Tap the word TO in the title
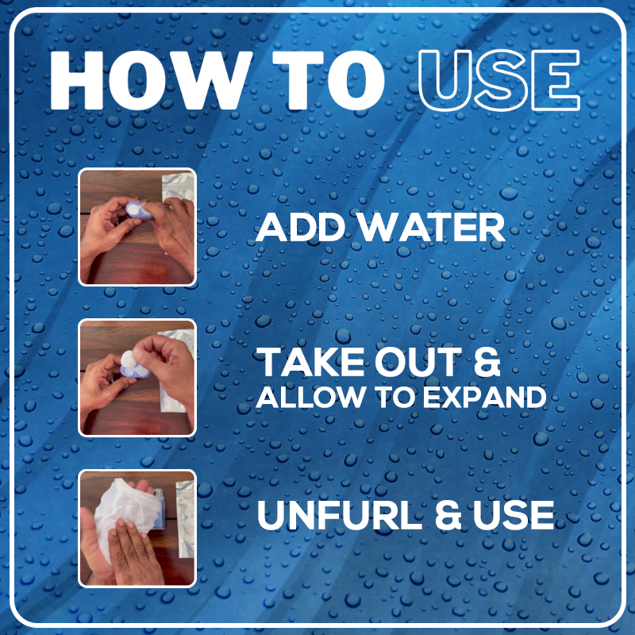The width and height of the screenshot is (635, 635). (x=328, y=80)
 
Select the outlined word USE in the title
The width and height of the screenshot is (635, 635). (x=499, y=80)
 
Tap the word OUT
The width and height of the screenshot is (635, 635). (x=418, y=362)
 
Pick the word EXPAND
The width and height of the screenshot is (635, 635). (x=485, y=398)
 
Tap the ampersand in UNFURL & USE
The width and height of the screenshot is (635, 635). (x=448, y=514)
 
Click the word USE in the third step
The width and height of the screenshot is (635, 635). (x=514, y=514)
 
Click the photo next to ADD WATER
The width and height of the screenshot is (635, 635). (x=137, y=227)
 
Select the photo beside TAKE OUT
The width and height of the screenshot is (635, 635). (x=137, y=379)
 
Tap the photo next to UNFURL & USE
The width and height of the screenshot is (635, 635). (x=137, y=529)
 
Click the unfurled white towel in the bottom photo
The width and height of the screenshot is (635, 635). (x=121, y=510)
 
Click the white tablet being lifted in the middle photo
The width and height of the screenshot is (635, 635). (x=128, y=359)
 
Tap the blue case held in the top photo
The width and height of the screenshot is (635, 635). (x=138, y=210)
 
